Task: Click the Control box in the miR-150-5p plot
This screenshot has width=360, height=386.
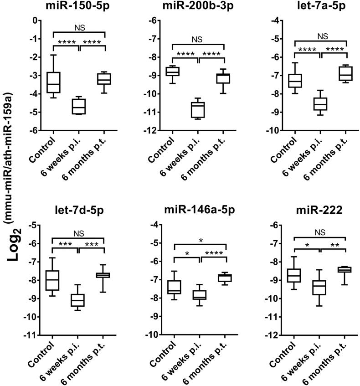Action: (54, 82)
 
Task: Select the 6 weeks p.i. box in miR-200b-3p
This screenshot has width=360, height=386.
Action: (198, 110)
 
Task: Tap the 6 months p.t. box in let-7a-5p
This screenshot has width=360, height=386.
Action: (346, 73)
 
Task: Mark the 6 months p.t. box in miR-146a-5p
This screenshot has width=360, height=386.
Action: (226, 278)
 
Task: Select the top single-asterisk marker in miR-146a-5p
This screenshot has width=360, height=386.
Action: (201, 240)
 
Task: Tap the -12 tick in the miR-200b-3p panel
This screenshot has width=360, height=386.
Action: (154, 131)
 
